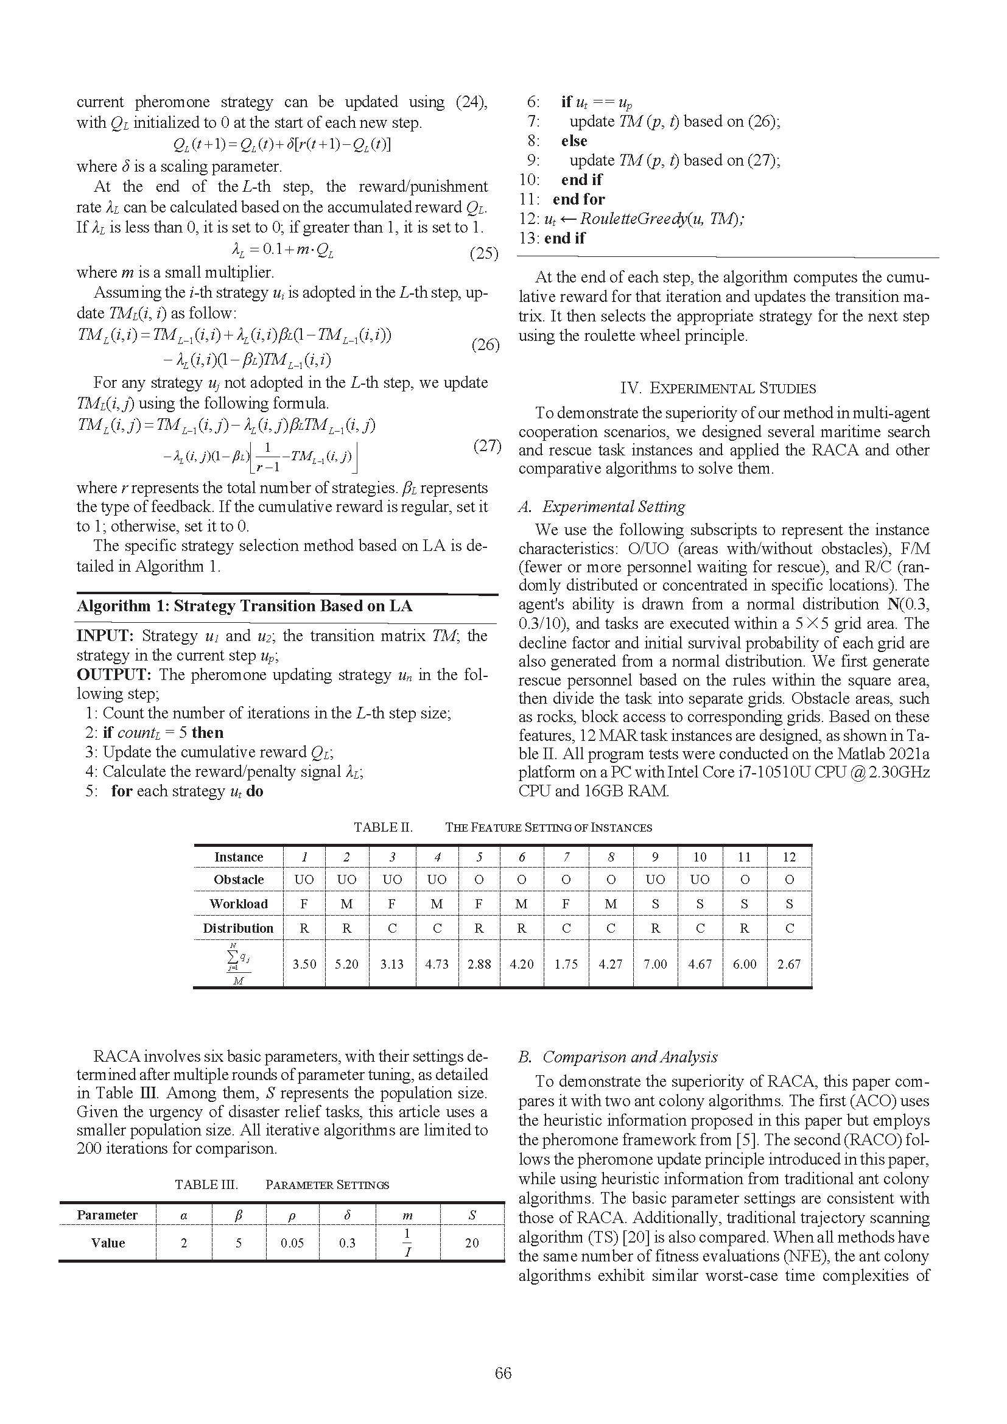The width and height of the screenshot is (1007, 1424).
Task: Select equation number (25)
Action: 483,253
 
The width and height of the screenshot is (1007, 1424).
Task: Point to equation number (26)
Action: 485,344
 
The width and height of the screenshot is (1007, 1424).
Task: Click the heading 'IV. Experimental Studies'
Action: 718,388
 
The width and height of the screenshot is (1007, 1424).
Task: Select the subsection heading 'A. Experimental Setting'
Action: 602,507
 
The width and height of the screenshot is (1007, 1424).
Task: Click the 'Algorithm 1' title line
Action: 244,606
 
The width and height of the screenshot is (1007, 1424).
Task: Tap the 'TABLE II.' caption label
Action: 383,827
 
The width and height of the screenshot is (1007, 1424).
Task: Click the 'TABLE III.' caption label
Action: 206,1185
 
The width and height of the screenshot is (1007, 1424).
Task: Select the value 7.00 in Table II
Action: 656,964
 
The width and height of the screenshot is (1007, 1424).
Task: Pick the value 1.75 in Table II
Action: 566,964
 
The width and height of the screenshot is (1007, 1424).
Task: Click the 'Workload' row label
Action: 239,904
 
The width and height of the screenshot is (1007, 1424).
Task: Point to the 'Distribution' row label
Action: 238,928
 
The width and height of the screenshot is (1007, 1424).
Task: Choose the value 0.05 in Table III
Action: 292,1243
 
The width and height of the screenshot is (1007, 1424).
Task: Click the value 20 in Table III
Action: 472,1243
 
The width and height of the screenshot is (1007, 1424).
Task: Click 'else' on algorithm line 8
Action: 574,141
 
